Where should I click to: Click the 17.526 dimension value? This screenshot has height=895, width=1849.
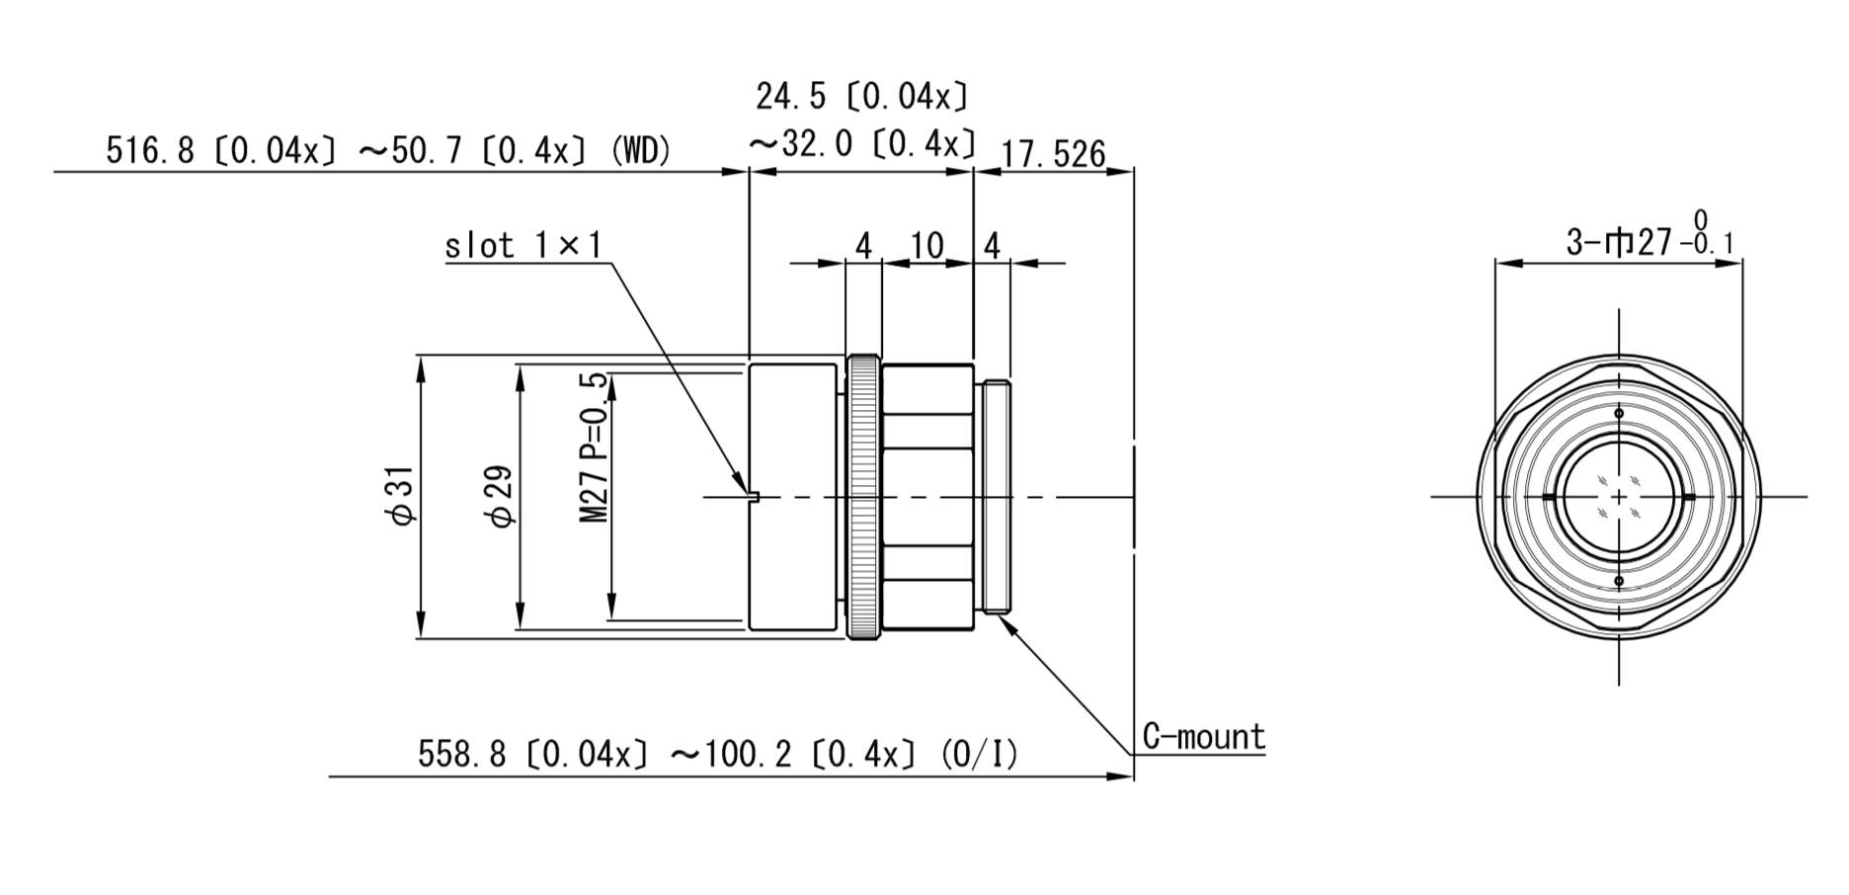point(1053,154)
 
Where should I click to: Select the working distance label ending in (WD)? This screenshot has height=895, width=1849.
point(388,150)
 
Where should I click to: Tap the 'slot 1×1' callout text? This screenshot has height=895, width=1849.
point(523,245)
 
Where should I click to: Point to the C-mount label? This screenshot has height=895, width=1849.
point(1203,736)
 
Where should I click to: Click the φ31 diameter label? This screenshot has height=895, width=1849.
point(400,496)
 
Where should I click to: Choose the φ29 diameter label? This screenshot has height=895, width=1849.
point(500,496)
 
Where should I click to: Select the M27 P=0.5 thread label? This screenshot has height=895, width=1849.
point(593,447)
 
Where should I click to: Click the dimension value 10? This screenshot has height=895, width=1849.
point(926,245)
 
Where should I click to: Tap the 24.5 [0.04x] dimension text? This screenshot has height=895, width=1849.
point(862,97)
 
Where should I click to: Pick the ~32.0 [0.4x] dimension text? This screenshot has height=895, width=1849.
point(862,144)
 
